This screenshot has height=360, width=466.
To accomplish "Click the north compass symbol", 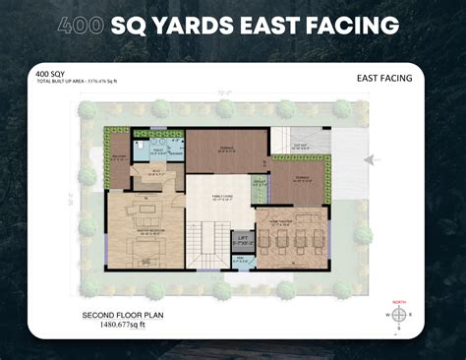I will pyautogui.click(x=399, y=315).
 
